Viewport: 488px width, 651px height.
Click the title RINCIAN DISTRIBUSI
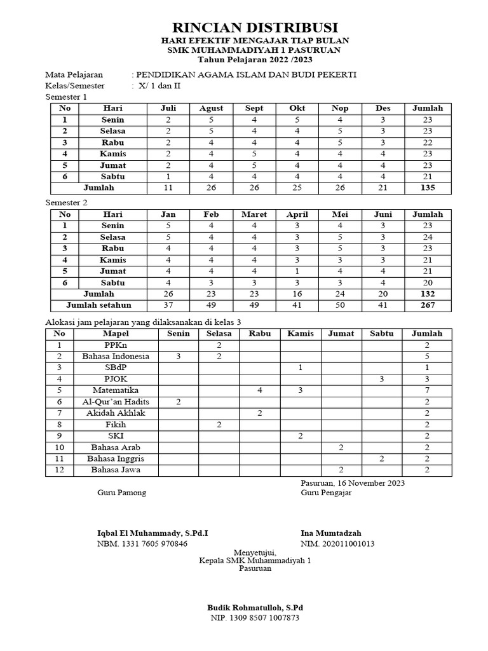coord(255,27)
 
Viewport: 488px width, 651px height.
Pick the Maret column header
coord(254,214)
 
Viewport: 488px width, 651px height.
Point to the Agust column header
coord(211,108)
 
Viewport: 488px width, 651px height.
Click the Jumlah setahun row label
coord(98,305)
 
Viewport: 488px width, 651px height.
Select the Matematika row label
coord(116,390)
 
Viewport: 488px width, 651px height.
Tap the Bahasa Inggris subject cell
coord(116,458)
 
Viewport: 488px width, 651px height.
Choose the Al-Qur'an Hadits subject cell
coord(116,402)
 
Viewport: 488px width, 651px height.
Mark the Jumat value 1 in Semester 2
coord(297,271)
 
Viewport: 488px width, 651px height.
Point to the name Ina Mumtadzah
coord(331,533)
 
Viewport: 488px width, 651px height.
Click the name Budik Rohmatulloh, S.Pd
coord(255,607)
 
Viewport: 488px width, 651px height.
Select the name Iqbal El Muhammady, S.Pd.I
coord(152,533)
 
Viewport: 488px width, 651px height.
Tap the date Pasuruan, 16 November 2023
coord(353,483)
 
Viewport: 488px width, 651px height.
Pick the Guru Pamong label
coord(121,493)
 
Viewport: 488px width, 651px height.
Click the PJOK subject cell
coord(116,379)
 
